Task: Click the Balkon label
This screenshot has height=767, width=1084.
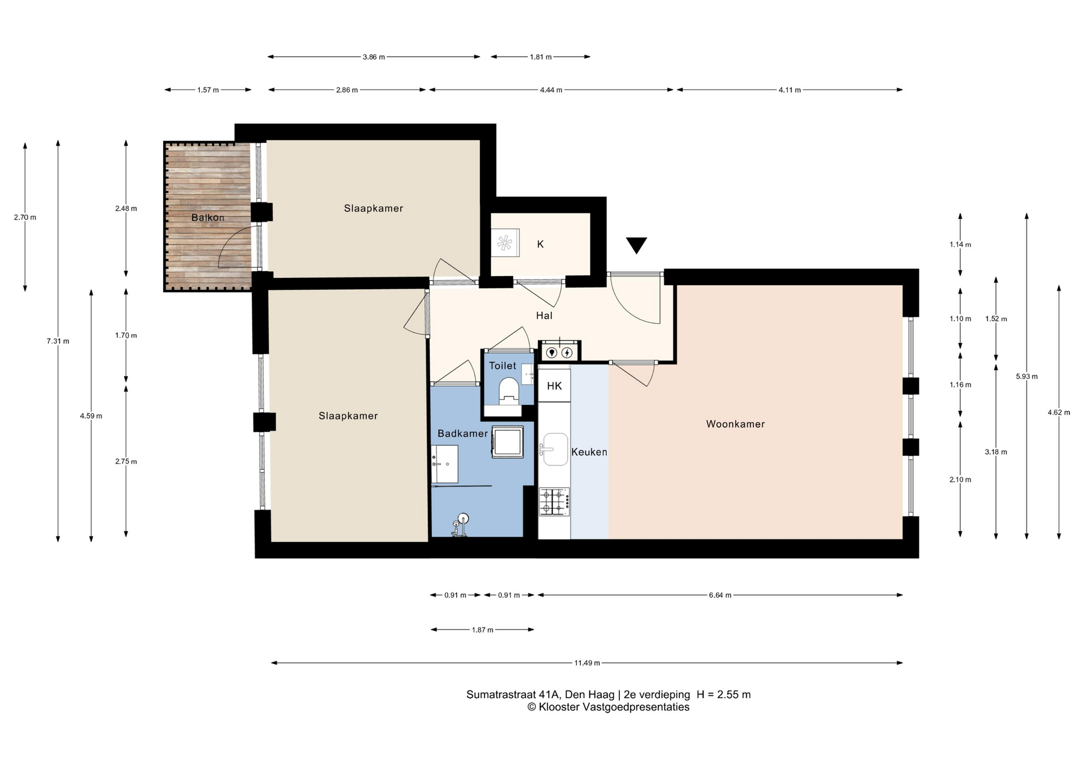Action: (x=208, y=217)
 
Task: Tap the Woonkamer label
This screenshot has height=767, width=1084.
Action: (x=735, y=424)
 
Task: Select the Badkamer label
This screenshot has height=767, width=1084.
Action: (x=462, y=433)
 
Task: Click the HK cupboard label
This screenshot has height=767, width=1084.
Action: (x=554, y=386)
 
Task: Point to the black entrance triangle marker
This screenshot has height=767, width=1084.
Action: (x=636, y=245)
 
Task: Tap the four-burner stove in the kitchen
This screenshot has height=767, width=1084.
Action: (x=554, y=502)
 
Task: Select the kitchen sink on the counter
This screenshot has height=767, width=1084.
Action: (x=554, y=450)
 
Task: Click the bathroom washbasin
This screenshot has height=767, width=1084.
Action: (x=445, y=464)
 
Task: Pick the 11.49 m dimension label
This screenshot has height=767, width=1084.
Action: (x=587, y=663)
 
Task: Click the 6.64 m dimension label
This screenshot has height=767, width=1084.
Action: (x=720, y=595)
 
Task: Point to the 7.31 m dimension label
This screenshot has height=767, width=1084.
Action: (x=58, y=341)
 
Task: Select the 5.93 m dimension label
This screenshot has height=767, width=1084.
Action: (x=1026, y=377)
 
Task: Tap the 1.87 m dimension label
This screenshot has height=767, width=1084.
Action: (x=483, y=630)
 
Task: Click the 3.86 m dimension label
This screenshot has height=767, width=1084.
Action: (x=374, y=57)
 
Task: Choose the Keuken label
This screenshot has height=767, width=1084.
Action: (x=589, y=452)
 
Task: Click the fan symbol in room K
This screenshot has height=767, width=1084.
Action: (x=505, y=243)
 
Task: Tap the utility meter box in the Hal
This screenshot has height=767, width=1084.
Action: (x=560, y=350)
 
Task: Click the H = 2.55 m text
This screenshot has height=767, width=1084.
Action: (x=724, y=695)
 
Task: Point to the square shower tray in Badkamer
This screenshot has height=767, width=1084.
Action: (x=508, y=442)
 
